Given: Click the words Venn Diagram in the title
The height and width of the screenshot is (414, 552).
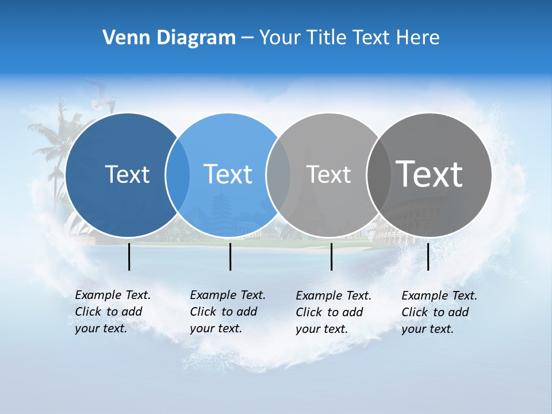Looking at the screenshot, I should coord(169,38).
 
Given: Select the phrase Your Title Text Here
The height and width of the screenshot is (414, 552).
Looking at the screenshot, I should coord(349,38).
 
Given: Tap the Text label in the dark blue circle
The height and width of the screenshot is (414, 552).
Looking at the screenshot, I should coord(127,174).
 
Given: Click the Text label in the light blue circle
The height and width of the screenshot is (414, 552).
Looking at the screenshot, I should coord(228,174).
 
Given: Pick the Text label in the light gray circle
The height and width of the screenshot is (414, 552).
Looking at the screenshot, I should coord(328,174).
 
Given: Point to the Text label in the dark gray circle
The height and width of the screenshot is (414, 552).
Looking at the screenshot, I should coord(429,174).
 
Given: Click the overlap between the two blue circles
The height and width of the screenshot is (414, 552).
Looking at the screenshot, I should coord(178,175).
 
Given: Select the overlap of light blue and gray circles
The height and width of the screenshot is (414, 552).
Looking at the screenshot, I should coord(278,175).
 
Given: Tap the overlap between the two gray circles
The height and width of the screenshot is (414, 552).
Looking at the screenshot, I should coord(378,175).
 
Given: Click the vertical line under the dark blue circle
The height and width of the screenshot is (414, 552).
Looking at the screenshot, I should coord(129,256).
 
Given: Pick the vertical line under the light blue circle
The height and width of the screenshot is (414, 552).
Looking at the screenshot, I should coord(230,256).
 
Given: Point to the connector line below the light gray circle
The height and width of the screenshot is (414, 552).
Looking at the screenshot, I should coord(331,256).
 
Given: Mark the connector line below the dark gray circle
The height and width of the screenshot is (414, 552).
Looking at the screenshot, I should coord(428,256).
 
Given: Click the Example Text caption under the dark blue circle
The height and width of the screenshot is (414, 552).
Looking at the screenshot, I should coord(112,312).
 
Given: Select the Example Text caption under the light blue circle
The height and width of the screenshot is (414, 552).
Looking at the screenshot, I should coord(227,312).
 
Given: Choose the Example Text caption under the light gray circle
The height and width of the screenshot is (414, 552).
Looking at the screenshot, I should coord(333,312).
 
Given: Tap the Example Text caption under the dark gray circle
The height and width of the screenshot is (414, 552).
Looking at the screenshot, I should coord(439,312).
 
